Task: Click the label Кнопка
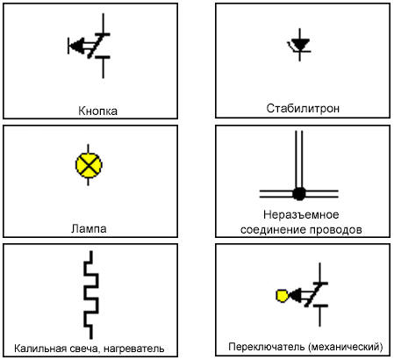98,111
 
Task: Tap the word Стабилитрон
303,108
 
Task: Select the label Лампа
89,228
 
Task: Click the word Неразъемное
301,215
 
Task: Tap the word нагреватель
133,349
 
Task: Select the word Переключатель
267,347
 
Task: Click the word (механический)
345,347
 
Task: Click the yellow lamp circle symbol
89,165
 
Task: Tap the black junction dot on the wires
299,193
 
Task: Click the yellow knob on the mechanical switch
282,296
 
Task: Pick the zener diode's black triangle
299,45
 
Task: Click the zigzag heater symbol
91,295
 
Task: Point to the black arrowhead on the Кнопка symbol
77,46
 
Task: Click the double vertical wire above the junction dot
299,160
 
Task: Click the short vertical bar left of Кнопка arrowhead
68,46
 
